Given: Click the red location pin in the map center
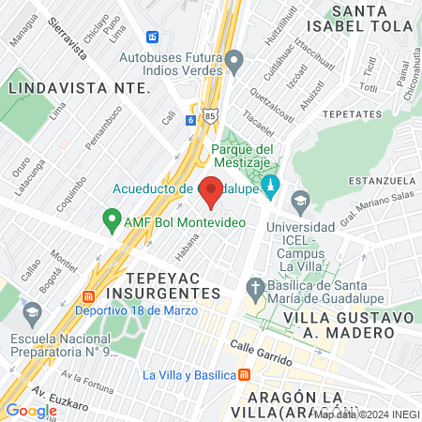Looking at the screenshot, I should tap(211, 191).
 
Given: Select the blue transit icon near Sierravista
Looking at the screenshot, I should tap(152, 37).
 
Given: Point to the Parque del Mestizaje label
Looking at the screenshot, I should tap(242, 156).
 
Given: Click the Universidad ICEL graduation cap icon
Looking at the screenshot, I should tap(300, 200).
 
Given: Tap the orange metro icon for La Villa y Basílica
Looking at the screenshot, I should tap(245, 375).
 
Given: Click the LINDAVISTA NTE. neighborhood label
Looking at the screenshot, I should tap(79, 87).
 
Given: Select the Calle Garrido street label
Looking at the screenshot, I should tap(264, 354).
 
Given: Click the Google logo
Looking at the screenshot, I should tap(31, 410).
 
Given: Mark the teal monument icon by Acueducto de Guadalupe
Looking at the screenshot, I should tap(271, 186).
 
